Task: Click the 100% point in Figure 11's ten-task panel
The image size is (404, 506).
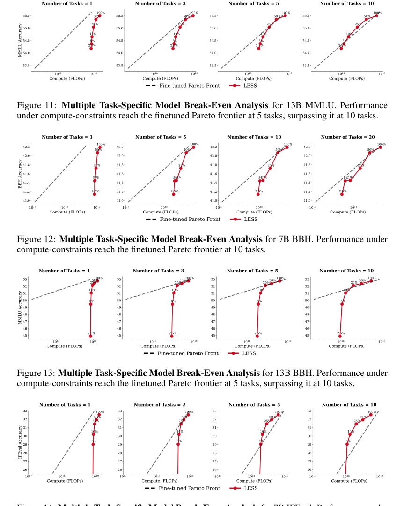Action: pyautogui.click(x=376, y=15)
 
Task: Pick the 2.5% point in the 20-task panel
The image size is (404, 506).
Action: pyautogui.click(x=342, y=194)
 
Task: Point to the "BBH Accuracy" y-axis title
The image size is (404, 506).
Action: pyautogui.click(x=20, y=174)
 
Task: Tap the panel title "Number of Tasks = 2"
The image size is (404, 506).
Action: pyautogui.click(x=157, y=405)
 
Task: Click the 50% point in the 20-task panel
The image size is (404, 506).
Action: pyautogui.click(x=370, y=153)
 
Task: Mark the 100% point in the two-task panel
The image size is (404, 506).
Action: pyautogui.click(x=188, y=415)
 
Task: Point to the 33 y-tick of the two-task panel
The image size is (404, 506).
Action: pyautogui.click(x=119, y=411)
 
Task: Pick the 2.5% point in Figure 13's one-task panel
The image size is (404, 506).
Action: pyautogui.click(x=90, y=336)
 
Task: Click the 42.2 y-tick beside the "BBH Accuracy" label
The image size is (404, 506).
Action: pyautogui.click(x=26, y=147)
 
